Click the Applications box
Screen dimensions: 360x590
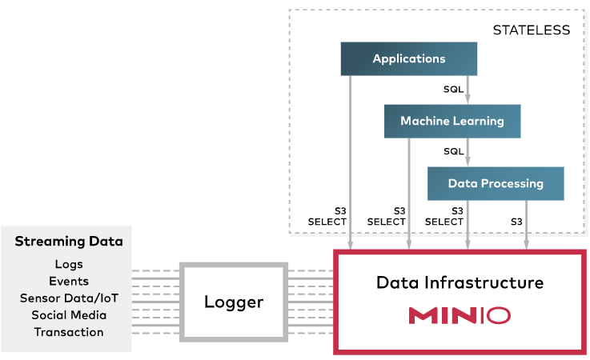[409, 59]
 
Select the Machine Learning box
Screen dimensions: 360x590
[452, 122]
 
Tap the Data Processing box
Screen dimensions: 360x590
[496, 184]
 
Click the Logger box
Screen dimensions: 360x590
[233, 302]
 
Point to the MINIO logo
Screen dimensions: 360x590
[460, 315]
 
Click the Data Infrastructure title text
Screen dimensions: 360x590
[460, 283]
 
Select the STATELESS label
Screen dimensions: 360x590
[532, 30]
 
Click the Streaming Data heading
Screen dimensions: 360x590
[69, 242]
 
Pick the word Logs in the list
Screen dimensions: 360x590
[69, 264]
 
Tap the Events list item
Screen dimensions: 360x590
[69, 281]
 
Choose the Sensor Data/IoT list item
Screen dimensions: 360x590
[69, 298]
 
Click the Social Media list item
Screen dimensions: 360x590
[69, 314]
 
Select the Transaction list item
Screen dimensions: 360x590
[69, 331]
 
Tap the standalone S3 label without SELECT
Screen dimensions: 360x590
[517, 222]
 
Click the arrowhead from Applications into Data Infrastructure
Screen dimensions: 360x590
[351, 243]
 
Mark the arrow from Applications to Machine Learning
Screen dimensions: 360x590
[468, 90]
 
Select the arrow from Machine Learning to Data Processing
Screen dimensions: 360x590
[468, 153]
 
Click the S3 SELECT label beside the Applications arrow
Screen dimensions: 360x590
[327, 216]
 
